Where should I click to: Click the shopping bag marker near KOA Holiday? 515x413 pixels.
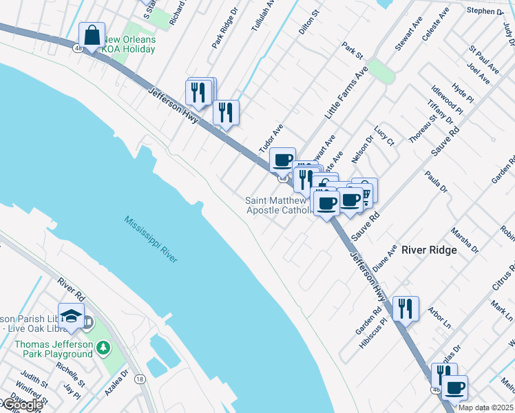point(92,36)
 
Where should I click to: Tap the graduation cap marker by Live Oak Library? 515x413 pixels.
point(70,317)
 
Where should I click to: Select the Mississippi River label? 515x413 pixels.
point(151,239)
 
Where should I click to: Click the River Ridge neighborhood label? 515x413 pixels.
point(428,250)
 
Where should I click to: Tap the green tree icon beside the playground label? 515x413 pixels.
point(103,349)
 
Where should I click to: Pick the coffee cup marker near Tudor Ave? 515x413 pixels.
point(282,161)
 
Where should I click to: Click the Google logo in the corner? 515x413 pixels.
point(21,405)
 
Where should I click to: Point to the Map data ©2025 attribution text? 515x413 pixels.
point(485,407)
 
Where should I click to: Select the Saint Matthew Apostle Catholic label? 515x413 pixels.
point(280,205)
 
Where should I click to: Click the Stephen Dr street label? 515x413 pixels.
point(485,11)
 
